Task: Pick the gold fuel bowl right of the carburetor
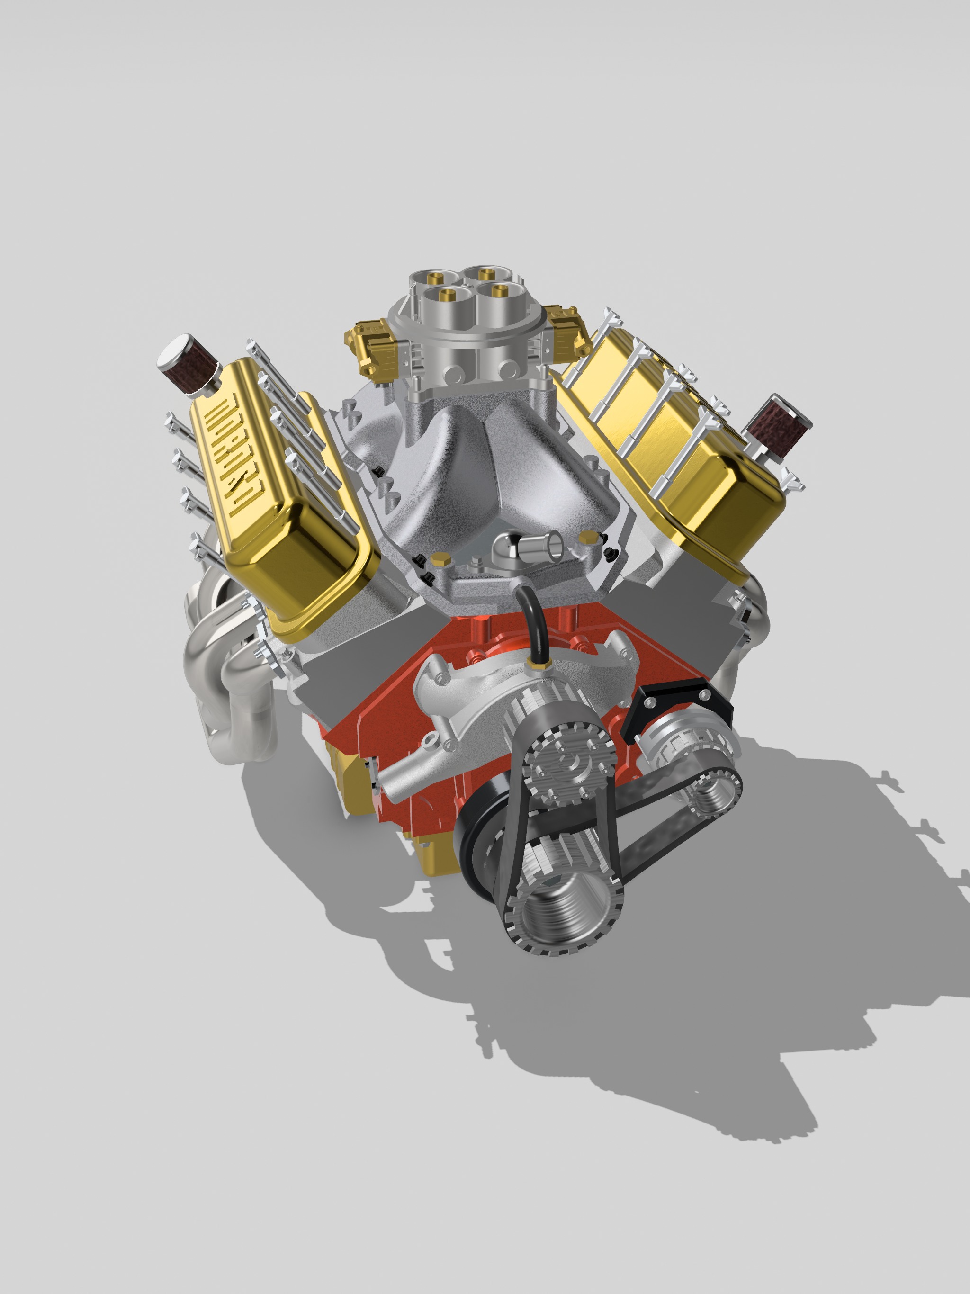pyautogui.click(x=567, y=328)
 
